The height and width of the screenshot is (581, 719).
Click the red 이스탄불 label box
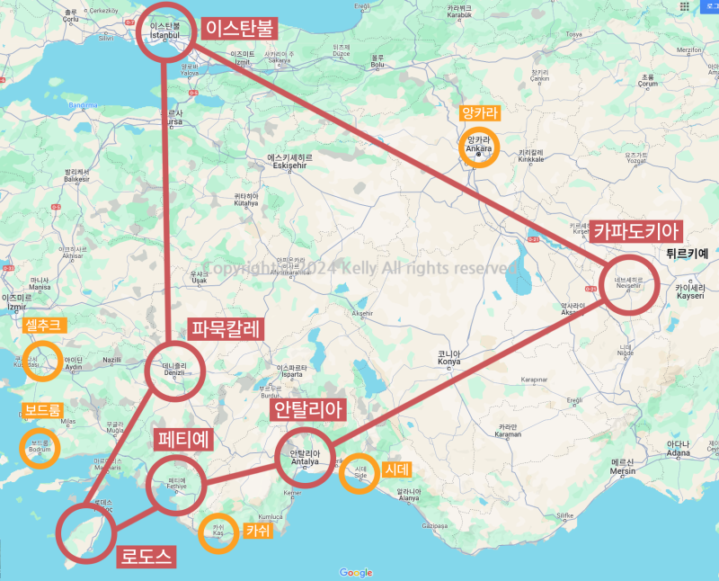(x=239, y=28)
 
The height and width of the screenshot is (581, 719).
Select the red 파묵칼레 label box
(x=225, y=329)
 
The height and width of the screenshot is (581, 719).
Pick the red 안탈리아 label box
(x=308, y=411)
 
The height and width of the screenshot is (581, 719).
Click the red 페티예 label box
(x=184, y=441)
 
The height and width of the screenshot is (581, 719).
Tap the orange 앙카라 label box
(x=478, y=113)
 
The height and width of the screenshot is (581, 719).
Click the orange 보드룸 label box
(x=42, y=411)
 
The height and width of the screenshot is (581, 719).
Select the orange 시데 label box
(x=395, y=469)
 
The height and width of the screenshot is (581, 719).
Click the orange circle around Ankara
(x=478, y=147)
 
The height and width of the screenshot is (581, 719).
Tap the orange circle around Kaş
(x=217, y=530)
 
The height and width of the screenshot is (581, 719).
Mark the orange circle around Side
(x=360, y=473)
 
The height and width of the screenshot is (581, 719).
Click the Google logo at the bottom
(x=356, y=572)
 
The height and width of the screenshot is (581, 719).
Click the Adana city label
(x=679, y=447)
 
